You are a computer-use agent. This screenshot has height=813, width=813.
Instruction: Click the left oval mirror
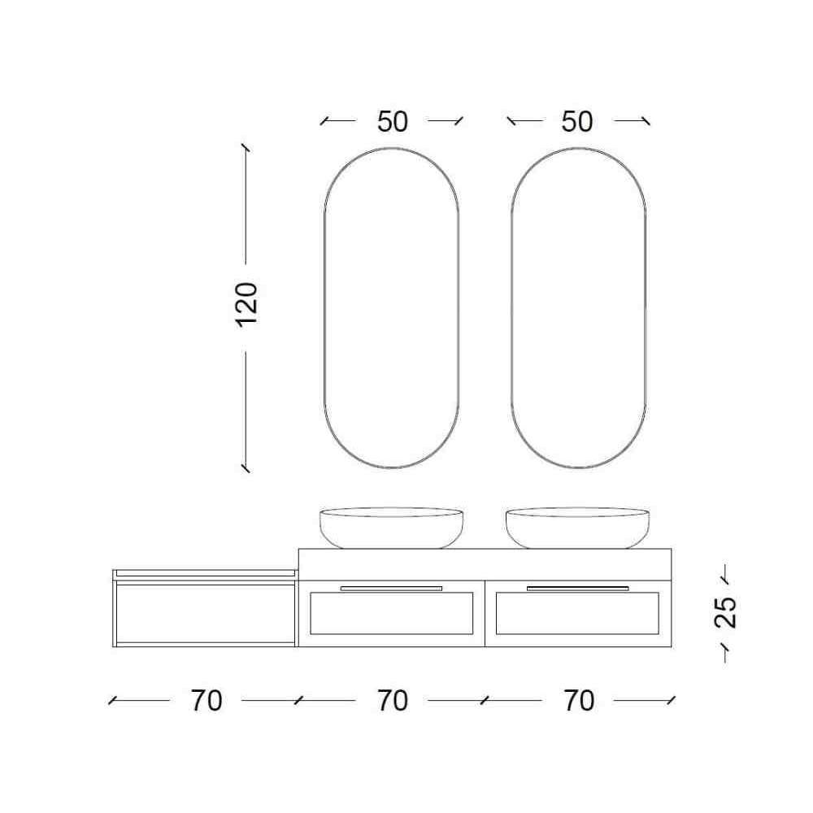click(324, 308)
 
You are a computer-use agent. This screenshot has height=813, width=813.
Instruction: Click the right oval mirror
click(511, 308)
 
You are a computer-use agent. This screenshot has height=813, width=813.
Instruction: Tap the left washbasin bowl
click(392, 528)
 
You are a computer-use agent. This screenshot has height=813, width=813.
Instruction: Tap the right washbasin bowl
click(577, 528)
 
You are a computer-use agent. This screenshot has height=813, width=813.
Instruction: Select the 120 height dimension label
click(247, 305)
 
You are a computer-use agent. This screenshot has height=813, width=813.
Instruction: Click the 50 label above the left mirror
click(393, 122)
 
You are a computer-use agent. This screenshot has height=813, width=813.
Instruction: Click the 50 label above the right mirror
click(577, 122)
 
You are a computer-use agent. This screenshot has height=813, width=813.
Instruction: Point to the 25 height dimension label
click(725, 612)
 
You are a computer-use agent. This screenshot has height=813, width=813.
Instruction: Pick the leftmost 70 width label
click(207, 701)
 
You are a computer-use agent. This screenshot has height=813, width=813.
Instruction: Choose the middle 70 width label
click(393, 701)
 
